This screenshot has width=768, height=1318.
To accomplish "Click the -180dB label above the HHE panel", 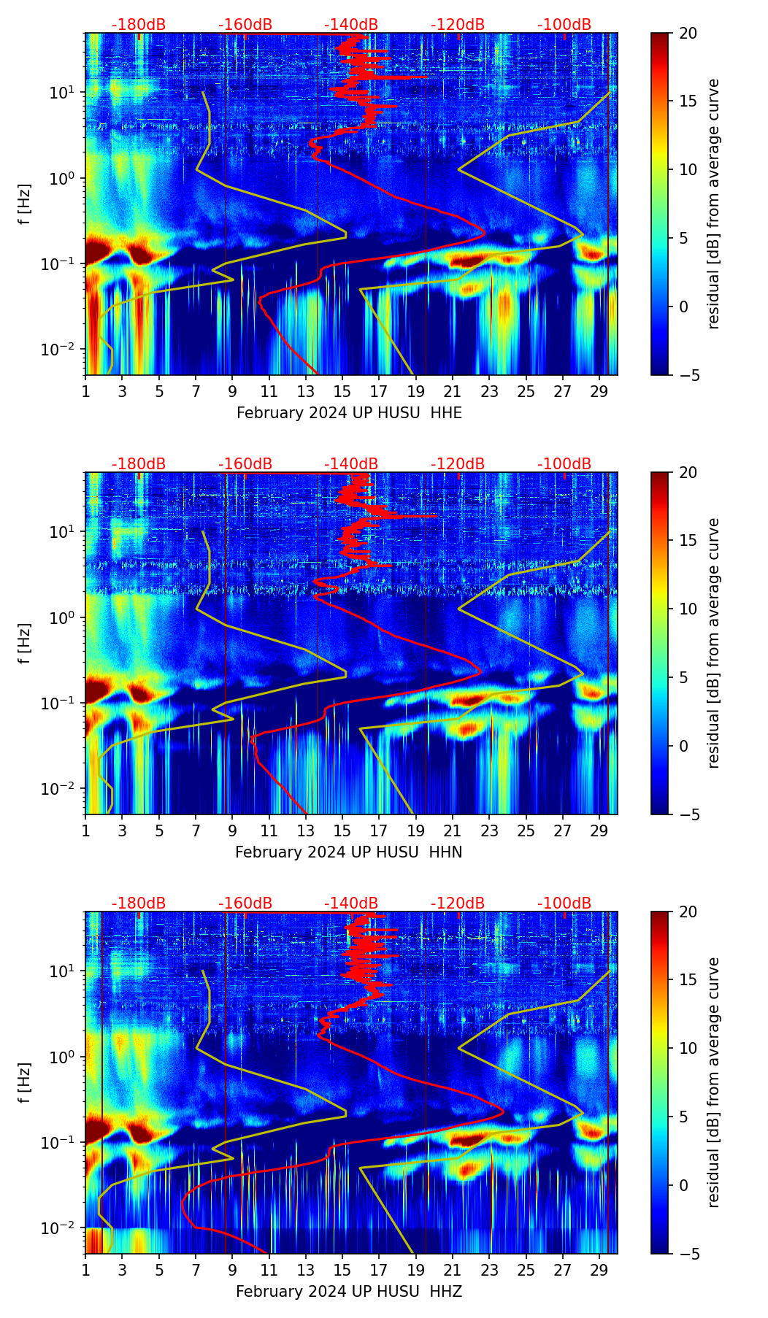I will (139, 25).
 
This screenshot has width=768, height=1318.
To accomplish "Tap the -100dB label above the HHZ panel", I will (564, 903).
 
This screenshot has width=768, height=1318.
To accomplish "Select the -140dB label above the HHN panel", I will (351, 464).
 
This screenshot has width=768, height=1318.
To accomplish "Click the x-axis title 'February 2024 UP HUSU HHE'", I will (349, 413).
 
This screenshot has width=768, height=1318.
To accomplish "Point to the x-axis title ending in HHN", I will (348, 852).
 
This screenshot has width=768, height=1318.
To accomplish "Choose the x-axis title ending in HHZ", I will (348, 1292).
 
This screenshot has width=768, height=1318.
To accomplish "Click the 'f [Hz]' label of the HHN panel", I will (26, 643).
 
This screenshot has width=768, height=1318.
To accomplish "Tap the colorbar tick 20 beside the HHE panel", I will (688, 33).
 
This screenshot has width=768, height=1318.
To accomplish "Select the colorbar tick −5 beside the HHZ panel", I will (688, 1254).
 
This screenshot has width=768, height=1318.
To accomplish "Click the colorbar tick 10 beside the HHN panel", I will (688, 609).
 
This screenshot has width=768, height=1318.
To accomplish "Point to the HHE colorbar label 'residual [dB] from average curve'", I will (714, 204).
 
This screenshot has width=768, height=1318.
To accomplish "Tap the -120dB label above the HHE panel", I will (458, 25).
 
